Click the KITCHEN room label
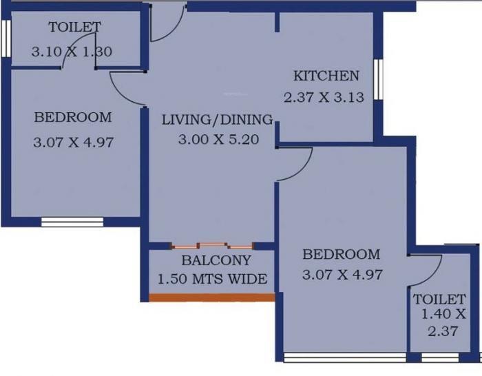point(326,76)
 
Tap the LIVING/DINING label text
point(217,120)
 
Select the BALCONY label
point(216,261)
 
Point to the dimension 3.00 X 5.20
point(218,139)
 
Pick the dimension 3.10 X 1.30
point(72,51)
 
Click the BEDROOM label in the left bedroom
point(72,118)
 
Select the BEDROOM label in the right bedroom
point(342,254)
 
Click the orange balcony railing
point(212,297)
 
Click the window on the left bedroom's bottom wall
point(72,222)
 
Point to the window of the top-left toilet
point(5,40)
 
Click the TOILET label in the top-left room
point(74,28)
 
